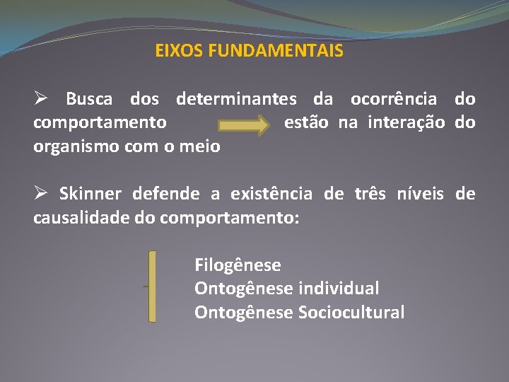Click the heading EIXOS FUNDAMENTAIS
250,52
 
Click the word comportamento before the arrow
100,123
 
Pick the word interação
404,123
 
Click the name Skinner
90,194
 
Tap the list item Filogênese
238,265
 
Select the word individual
339,289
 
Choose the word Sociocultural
351,312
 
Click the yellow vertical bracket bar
152,286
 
